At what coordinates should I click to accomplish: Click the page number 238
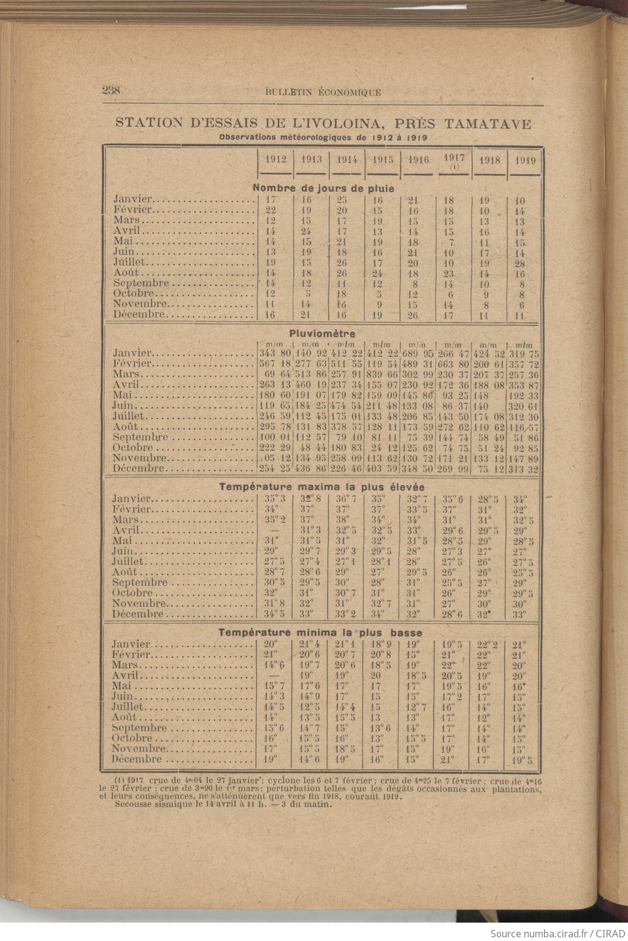click(x=111, y=90)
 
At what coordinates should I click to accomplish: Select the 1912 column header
click(x=275, y=159)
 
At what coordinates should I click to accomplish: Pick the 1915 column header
click(x=383, y=159)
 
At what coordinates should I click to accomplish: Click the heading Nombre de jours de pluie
click(x=323, y=188)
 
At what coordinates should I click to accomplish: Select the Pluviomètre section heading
click(x=322, y=333)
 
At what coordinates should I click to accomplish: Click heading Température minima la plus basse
click(x=320, y=632)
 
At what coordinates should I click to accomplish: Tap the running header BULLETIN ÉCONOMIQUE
click(x=323, y=93)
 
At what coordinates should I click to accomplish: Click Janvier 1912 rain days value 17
click(x=272, y=200)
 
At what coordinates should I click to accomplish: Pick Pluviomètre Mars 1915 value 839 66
click(x=383, y=374)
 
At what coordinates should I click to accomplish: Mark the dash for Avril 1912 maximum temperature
click(x=270, y=530)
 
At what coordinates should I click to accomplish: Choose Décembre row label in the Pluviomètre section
click(x=139, y=469)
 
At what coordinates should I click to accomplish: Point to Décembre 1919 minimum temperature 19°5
click(x=522, y=760)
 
